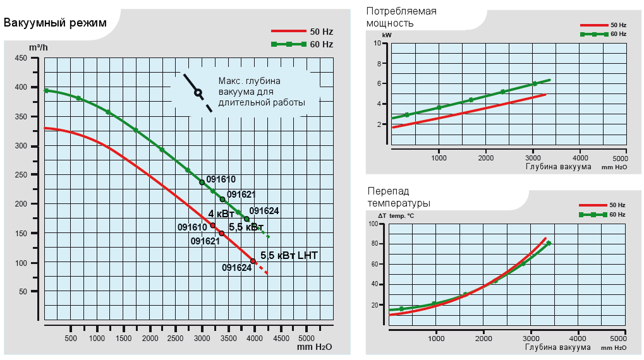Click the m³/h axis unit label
[x=39, y=47]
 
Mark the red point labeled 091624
[x=253, y=261]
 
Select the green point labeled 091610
[x=202, y=182]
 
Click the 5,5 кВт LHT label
[x=289, y=255]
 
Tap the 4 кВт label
[x=221, y=213]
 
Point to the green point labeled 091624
[x=246, y=219]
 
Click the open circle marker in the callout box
[x=198, y=92]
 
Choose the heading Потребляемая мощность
[x=401, y=17]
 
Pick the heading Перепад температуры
[x=398, y=196]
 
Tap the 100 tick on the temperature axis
[x=373, y=224]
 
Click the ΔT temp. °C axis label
[x=392, y=215]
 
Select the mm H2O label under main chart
[x=313, y=347]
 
